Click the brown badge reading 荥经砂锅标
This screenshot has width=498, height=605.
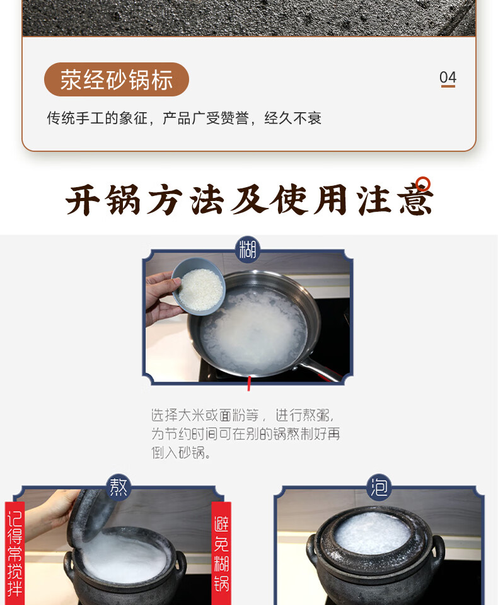117,79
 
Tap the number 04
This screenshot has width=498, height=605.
448,78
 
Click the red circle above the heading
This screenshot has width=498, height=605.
423,183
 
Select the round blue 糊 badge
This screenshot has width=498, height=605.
248,250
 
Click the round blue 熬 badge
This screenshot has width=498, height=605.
118,487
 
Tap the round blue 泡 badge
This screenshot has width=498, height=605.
379,487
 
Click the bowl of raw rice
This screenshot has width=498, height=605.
199,286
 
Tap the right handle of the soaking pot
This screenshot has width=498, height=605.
437,553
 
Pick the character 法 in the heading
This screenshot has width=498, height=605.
207,200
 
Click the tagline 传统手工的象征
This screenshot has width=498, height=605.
97,118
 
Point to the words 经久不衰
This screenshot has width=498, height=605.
292,118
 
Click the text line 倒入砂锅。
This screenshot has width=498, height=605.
181,452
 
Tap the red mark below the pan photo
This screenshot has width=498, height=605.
249,384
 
